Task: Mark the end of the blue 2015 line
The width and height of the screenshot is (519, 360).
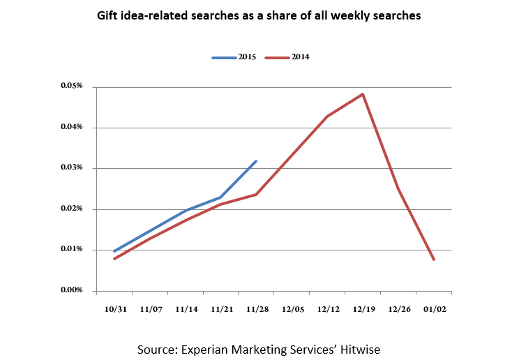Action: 257,161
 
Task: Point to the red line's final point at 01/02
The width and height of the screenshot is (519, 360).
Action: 434,260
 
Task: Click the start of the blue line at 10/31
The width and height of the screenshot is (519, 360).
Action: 114,251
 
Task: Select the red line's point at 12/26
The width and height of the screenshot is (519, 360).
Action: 398,188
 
